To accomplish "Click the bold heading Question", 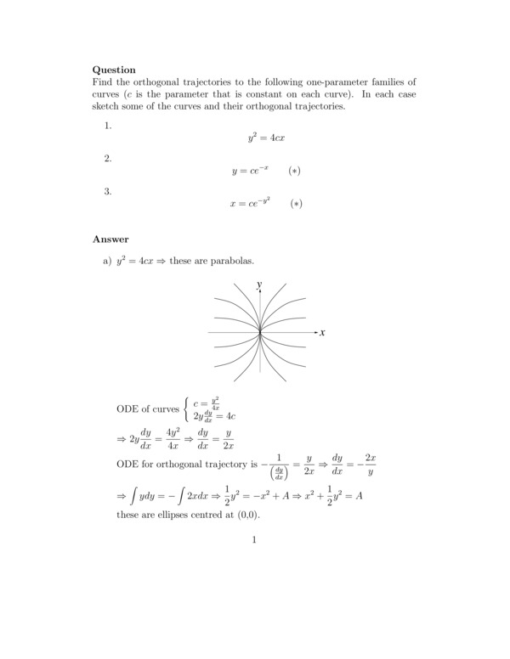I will pos(114,70).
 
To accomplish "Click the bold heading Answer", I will pos(110,239).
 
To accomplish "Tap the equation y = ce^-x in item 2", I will pos(251,171).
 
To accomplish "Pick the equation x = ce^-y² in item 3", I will pos(251,204).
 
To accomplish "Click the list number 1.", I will pos(107,126).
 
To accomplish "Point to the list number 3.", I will pos(107,191).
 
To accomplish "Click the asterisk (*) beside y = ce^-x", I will pos(294,171).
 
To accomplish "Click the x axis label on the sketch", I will pos(323,332).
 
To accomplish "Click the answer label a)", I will pos(108,261).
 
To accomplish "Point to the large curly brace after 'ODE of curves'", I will pos(186,408).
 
